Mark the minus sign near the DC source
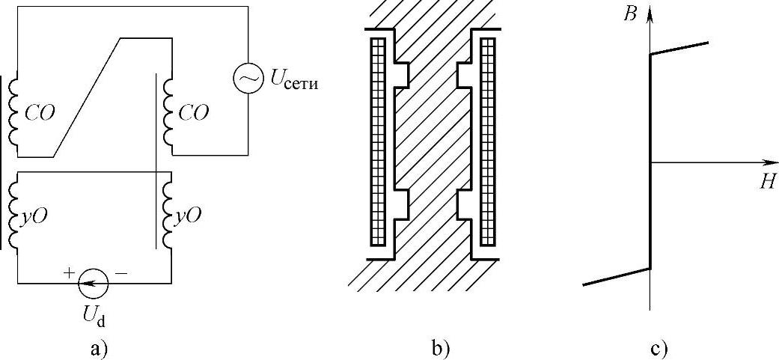pos(121,275)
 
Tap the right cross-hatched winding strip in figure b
pos(486,140)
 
